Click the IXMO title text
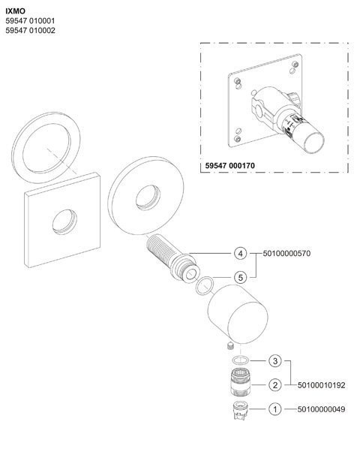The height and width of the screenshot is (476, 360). [16, 11]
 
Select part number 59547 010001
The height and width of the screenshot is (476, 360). [30, 21]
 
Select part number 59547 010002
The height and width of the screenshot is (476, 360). [30, 30]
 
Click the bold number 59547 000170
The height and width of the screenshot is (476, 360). [230, 166]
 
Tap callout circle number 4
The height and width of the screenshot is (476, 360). [241, 253]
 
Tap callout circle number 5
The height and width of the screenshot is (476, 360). [241, 277]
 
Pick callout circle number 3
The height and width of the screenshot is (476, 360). [275, 361]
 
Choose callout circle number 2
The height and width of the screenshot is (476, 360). [275, 385]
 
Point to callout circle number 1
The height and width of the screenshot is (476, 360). [275, 409]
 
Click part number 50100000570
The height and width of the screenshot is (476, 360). [286, 253]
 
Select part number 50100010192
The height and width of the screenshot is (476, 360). [321, 385]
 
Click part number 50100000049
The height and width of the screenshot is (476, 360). [321, 409]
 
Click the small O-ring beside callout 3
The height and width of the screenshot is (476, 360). [232, 360]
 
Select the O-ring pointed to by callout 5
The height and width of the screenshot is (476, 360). [196, 285]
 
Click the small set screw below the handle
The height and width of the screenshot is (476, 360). [230, 346]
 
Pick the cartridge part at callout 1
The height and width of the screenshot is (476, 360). [240, 410]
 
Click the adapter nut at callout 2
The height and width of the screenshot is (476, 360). [241, 381]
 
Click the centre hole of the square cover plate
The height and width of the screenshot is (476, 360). [64, 221]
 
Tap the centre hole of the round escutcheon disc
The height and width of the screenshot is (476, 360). [148, 197]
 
